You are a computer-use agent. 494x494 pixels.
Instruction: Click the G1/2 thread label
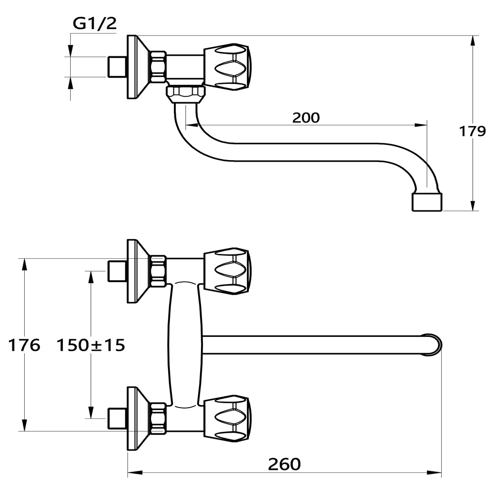pyautogui.click(x=94, y=24)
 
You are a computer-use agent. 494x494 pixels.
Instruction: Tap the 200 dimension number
pyautogui.click(x=306, y=118)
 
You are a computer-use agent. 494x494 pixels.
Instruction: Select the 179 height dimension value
pyautogui.click(x=472, y=131)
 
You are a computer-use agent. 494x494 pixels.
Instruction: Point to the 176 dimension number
pyautogui.click(x=24, y=345)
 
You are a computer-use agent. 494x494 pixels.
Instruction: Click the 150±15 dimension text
pyautogui.click(x=91, y=345)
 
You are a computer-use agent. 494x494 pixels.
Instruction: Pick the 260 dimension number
pyautogui.click(x=284, y=464)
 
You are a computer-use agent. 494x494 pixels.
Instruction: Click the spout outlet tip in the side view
pyautogui.click(x=427, y=202)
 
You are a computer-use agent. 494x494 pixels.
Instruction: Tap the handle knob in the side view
pyautogui.click(x=227, y=67)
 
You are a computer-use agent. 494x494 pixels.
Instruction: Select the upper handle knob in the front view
pyautogui.click(x=227, y=271)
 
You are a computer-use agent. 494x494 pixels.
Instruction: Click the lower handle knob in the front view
pyautogui.click(x=227, y=418)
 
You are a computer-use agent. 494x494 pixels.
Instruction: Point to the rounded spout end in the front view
pyautogui.click(x=433, y=345)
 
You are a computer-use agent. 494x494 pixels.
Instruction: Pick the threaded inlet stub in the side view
pyautogui.click(x=117, y=67)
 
